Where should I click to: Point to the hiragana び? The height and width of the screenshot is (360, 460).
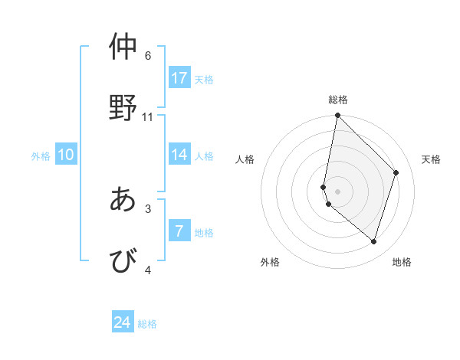(123, 260)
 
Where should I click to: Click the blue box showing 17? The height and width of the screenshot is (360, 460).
(179, 77)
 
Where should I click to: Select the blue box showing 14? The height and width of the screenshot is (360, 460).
(179, 155)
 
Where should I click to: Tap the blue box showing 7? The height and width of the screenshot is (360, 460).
(179, 231)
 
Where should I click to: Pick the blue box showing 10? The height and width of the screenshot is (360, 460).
(66, 155)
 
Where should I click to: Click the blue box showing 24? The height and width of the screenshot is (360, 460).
(123, 322)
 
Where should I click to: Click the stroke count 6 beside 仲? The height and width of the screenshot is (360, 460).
(148, 55)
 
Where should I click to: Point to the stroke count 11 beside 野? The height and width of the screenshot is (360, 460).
(148, 117)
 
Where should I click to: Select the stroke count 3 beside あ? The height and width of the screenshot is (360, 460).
(148, 208)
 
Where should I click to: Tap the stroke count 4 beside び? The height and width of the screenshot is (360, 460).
(148, 270)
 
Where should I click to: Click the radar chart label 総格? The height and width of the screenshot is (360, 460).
(338, 100)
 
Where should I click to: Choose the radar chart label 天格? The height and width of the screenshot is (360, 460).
(431, 159)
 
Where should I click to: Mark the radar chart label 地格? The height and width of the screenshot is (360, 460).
(402, 262)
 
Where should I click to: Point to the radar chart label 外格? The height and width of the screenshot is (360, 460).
(270, 262)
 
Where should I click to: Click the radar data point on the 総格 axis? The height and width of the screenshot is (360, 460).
(337, 116)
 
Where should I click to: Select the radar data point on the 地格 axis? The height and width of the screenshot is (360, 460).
(373, 241)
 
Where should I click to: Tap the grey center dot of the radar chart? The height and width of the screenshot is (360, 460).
(337, 191)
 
